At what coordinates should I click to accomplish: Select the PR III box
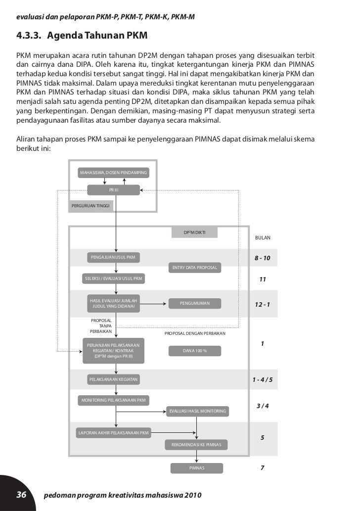[x=114, y=189]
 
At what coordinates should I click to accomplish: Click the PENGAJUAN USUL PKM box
[x=113, y=257]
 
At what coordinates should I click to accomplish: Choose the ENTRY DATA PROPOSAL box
[x=195, y=268]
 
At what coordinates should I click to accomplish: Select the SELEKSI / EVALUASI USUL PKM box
[x=114, y=279]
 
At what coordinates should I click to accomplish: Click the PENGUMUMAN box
[x=195, y=303]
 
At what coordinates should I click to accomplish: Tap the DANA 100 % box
[x=195, y=351]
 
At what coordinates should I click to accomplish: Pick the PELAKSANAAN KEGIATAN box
[x=113, y=379]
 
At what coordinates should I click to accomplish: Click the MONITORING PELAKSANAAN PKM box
[x=114, y=400]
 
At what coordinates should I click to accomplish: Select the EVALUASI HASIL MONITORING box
[x=197, y=411]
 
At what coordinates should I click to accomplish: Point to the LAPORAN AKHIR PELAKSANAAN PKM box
[x=114, y=433]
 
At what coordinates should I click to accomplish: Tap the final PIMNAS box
[x=196, y=467]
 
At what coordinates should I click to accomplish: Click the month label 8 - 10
[x=263, y=259]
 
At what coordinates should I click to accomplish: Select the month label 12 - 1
[x=263, y=304]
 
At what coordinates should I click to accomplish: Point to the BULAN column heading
[x=263, y=238]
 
